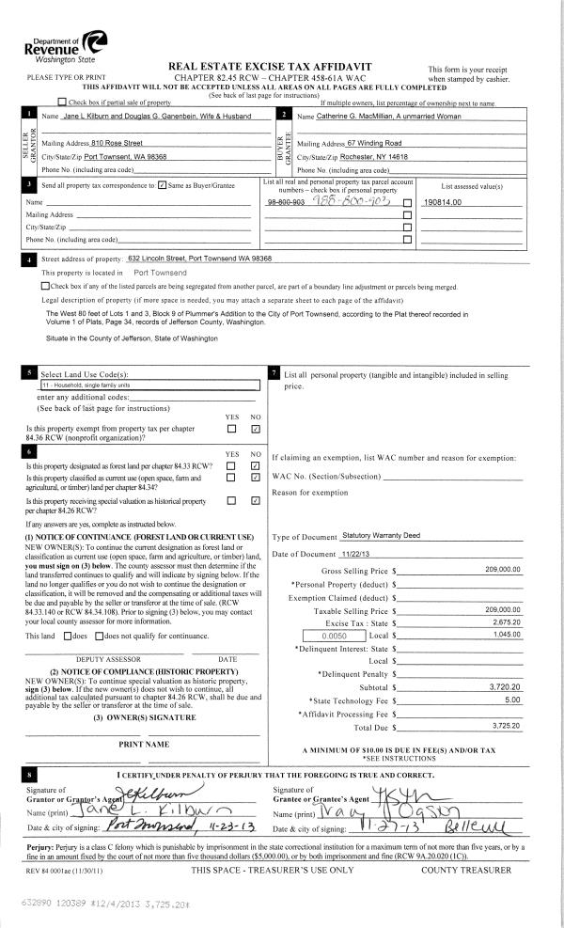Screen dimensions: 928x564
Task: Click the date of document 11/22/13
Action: [x=358, y=554]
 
